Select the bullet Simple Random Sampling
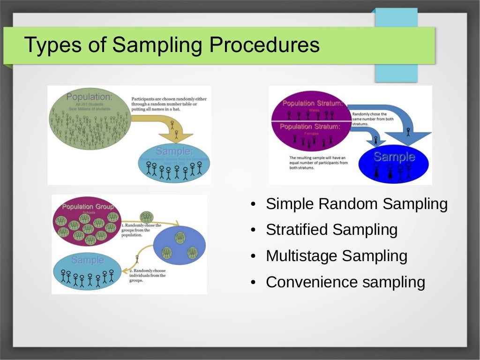(356, 204)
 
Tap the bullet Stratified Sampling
(331, 230)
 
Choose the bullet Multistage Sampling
(336, 256)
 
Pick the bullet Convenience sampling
(345, 282)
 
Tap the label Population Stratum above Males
(312, 103)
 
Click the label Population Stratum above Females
(310, 127)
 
